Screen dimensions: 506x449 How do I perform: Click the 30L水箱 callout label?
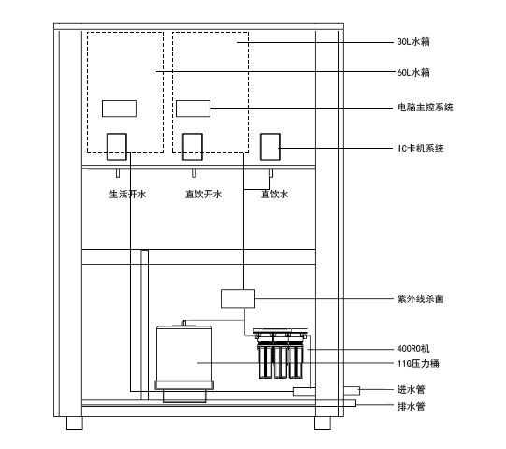pyautogui.click(x=413, y=42)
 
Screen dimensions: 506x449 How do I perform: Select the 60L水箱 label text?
pyautogui.click(x=413, y=72)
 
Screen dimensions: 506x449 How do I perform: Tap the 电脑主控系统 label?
pyautogui.click(x=426, y=108)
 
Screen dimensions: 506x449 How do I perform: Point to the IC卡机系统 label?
pyautogui.click(x=421, y=149)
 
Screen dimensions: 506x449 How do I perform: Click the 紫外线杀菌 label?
pyautogui.click(x=421, y=299)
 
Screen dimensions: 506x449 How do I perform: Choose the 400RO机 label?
pyautogui.click(x=413, y=349)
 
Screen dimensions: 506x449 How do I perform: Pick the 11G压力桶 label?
pyautogui.click(x=418, y=364)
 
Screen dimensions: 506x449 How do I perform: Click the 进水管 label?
pyautogui.click(x=412, y=390)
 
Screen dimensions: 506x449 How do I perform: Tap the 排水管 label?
pyautogui.click(x=412, y=406)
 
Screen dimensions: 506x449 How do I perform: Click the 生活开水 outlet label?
pyautogui.click(x=128, y=194)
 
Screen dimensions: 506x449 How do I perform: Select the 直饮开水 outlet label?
pyautogui.click(x=204, y=194)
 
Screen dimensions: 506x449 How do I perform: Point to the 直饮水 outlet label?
pyautogui.click(x=275, y=194)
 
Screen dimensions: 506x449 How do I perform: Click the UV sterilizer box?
pyautogui.click(x=238, y=298)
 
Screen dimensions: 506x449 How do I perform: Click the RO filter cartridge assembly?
pyautogui.click(x=281, y=354)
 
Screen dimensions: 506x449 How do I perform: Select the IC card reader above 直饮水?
pyautogui.click(x=270, y=147)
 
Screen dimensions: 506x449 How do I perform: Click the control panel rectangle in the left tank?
pyautogui.click(x=119, y=109)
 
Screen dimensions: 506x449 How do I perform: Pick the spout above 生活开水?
pyautogui.click(x=118, y=173)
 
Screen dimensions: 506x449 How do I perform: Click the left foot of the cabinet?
pyautogui.click(x=75, y=423)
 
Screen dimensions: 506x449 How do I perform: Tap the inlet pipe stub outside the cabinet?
pyautogui.click(x=352, y=391)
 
